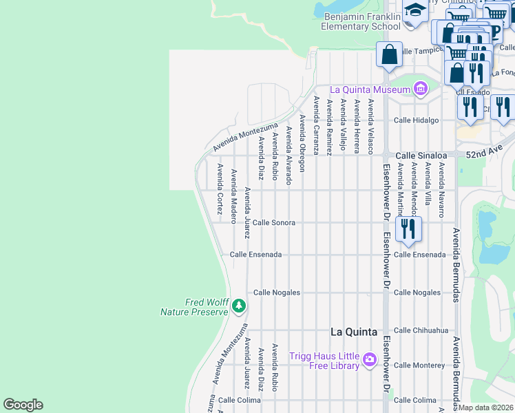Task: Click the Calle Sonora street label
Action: (x=273, y=223)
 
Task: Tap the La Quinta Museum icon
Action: (x=419, y=89)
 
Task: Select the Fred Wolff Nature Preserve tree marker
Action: (x=238, y=305)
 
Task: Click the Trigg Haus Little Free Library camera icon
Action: (x=370, y=359)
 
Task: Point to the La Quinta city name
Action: (x=353, y=332)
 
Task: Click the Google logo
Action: (x=23, y=405)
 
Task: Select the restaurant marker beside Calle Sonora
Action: (x=409, y=229)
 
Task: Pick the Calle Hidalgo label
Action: (x=416, y=120)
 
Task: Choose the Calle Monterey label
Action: (x=419, y=366)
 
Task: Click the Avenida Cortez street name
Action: (x=220, y=186)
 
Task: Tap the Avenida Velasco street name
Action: (x=370, y=126)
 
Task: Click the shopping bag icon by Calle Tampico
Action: (x=389, y=54)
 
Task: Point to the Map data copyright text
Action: (x=486, y=407)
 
